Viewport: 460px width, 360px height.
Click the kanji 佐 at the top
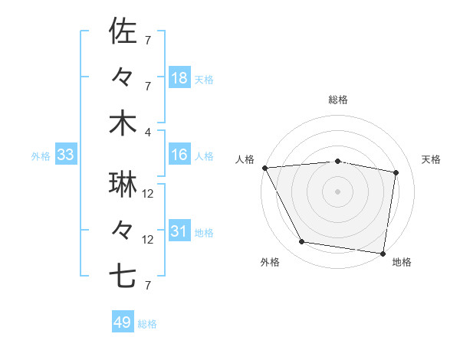click(123, 32)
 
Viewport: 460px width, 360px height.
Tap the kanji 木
click(123, 123)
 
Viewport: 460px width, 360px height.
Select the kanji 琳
click(123, 185)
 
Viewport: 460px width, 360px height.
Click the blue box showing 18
click(179, 78)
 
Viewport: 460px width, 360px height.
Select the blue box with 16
click(179, 155)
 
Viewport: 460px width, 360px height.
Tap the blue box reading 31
click(179, 231)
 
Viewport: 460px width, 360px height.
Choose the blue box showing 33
click(66, 155)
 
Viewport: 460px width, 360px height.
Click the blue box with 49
click(123, 322)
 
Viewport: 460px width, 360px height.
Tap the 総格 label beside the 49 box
click(148, 324)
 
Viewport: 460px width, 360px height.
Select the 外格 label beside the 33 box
click(41, 156)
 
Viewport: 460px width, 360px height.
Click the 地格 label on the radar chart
click(402, 263)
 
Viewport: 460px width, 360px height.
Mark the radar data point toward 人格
click(264, 167)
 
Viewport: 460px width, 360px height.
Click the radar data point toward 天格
click(396, 172)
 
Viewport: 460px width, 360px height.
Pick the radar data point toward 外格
click(302, 242)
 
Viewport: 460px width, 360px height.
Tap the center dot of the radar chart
click(338, 191)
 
